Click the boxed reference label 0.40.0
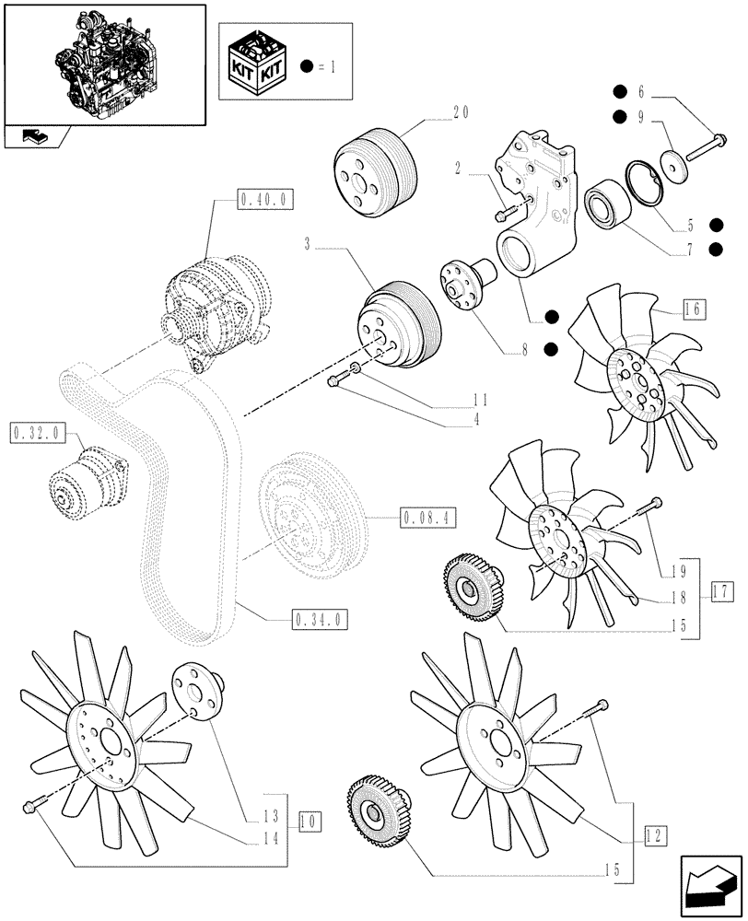pos(265,198)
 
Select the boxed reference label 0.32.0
pos(35,432)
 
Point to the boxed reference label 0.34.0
pos(319,619)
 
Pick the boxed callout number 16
pos(693,309)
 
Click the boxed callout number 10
pos(309,818)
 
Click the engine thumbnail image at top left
pos(103,63)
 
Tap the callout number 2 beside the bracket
pos(458,169)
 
